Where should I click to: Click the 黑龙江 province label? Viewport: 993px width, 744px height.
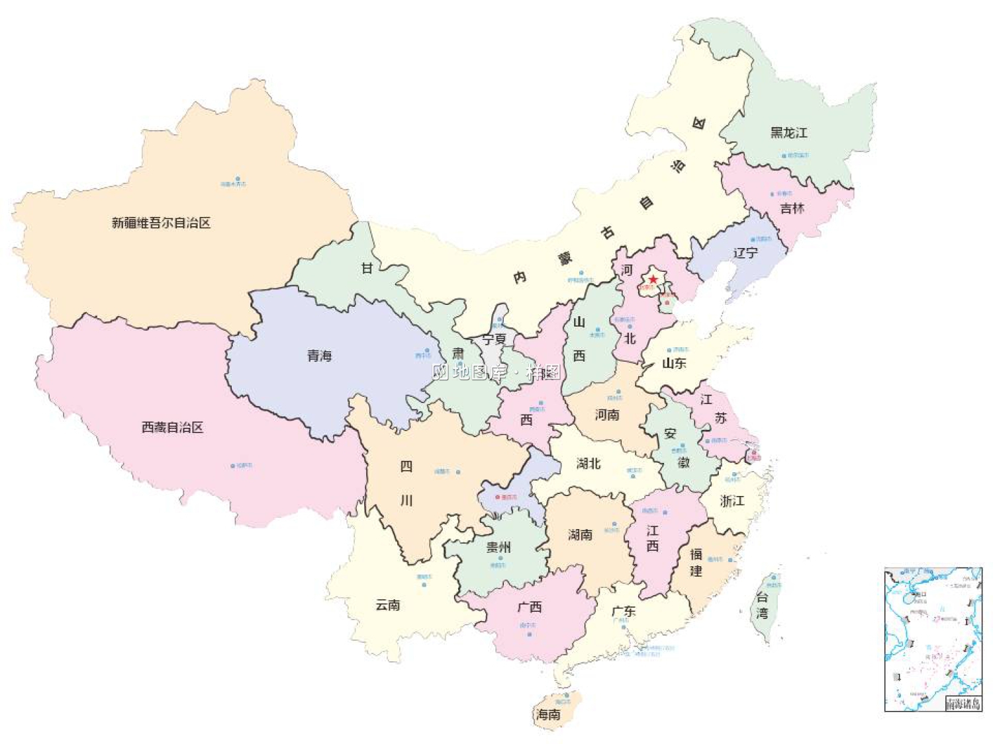coord(788,133)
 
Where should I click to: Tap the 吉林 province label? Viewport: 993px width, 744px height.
coord(792,209)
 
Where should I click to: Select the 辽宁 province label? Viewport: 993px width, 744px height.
coord(745,253)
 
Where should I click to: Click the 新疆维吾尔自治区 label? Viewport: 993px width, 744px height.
coord(161,223)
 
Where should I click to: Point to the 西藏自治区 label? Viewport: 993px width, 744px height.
coord(172,427)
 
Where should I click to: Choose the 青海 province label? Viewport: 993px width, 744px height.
coord(319,356)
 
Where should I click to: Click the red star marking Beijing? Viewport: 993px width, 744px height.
coord(653,279)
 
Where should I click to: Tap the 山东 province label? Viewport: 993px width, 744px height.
coord(674,363)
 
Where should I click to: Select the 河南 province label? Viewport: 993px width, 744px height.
coord(607,415)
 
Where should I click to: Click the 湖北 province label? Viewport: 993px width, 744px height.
coord(589,464)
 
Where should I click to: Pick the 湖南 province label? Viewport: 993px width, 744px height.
coord(580,534)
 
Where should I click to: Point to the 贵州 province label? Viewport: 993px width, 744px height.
coord(498,547)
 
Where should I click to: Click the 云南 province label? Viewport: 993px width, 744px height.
coord(388,604)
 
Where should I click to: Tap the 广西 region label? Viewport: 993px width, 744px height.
coord(530,606)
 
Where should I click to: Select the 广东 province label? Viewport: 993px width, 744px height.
coord(624,611)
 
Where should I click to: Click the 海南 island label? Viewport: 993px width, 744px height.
coord(548,714)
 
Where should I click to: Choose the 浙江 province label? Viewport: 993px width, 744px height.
coord(732,501)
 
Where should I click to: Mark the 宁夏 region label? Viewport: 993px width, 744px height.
coord(494,339)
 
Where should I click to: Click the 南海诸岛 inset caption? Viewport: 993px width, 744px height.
coord(963,704)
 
